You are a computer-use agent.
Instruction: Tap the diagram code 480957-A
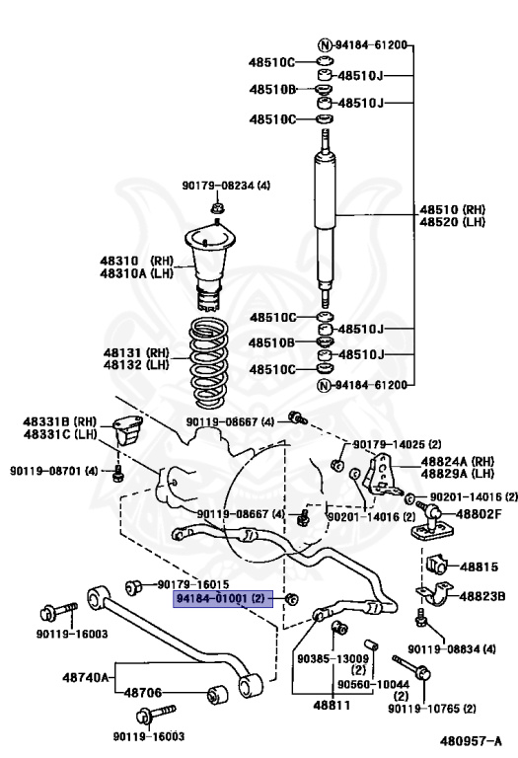click(x=473, y=739)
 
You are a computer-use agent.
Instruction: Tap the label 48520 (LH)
click(x=453, y=223)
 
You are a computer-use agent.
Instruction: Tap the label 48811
click(x=333, y=707)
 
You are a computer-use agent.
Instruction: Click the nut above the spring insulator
click(x=217, y=207)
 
